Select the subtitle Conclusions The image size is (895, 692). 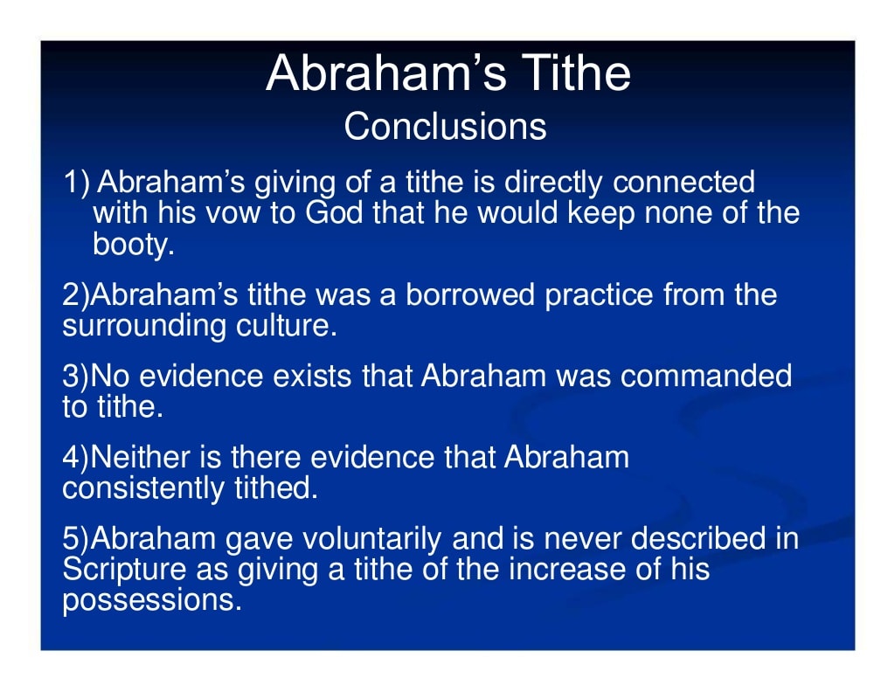click(445, 128)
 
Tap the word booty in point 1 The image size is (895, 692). click(134, 245)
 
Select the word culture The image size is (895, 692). click(281, 326)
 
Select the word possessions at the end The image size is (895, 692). click(150, 601)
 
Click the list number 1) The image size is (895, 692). click(77, 183)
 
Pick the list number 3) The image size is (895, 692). click(76, 377)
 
